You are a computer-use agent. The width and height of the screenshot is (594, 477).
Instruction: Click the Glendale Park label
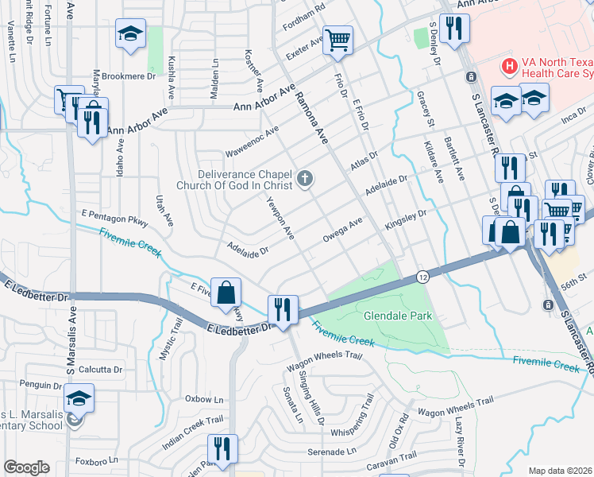coord(398,316)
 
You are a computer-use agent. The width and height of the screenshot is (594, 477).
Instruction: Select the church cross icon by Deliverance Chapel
coord(305,179)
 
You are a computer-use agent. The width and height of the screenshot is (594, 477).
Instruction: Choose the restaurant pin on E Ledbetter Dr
coord(282,307)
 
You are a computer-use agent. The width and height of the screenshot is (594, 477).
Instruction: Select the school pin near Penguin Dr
coord(79,397)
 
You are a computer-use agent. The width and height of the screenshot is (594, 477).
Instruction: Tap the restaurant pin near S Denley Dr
coord(454,29)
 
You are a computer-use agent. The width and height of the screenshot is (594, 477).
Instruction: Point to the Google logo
coord(26,467)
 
